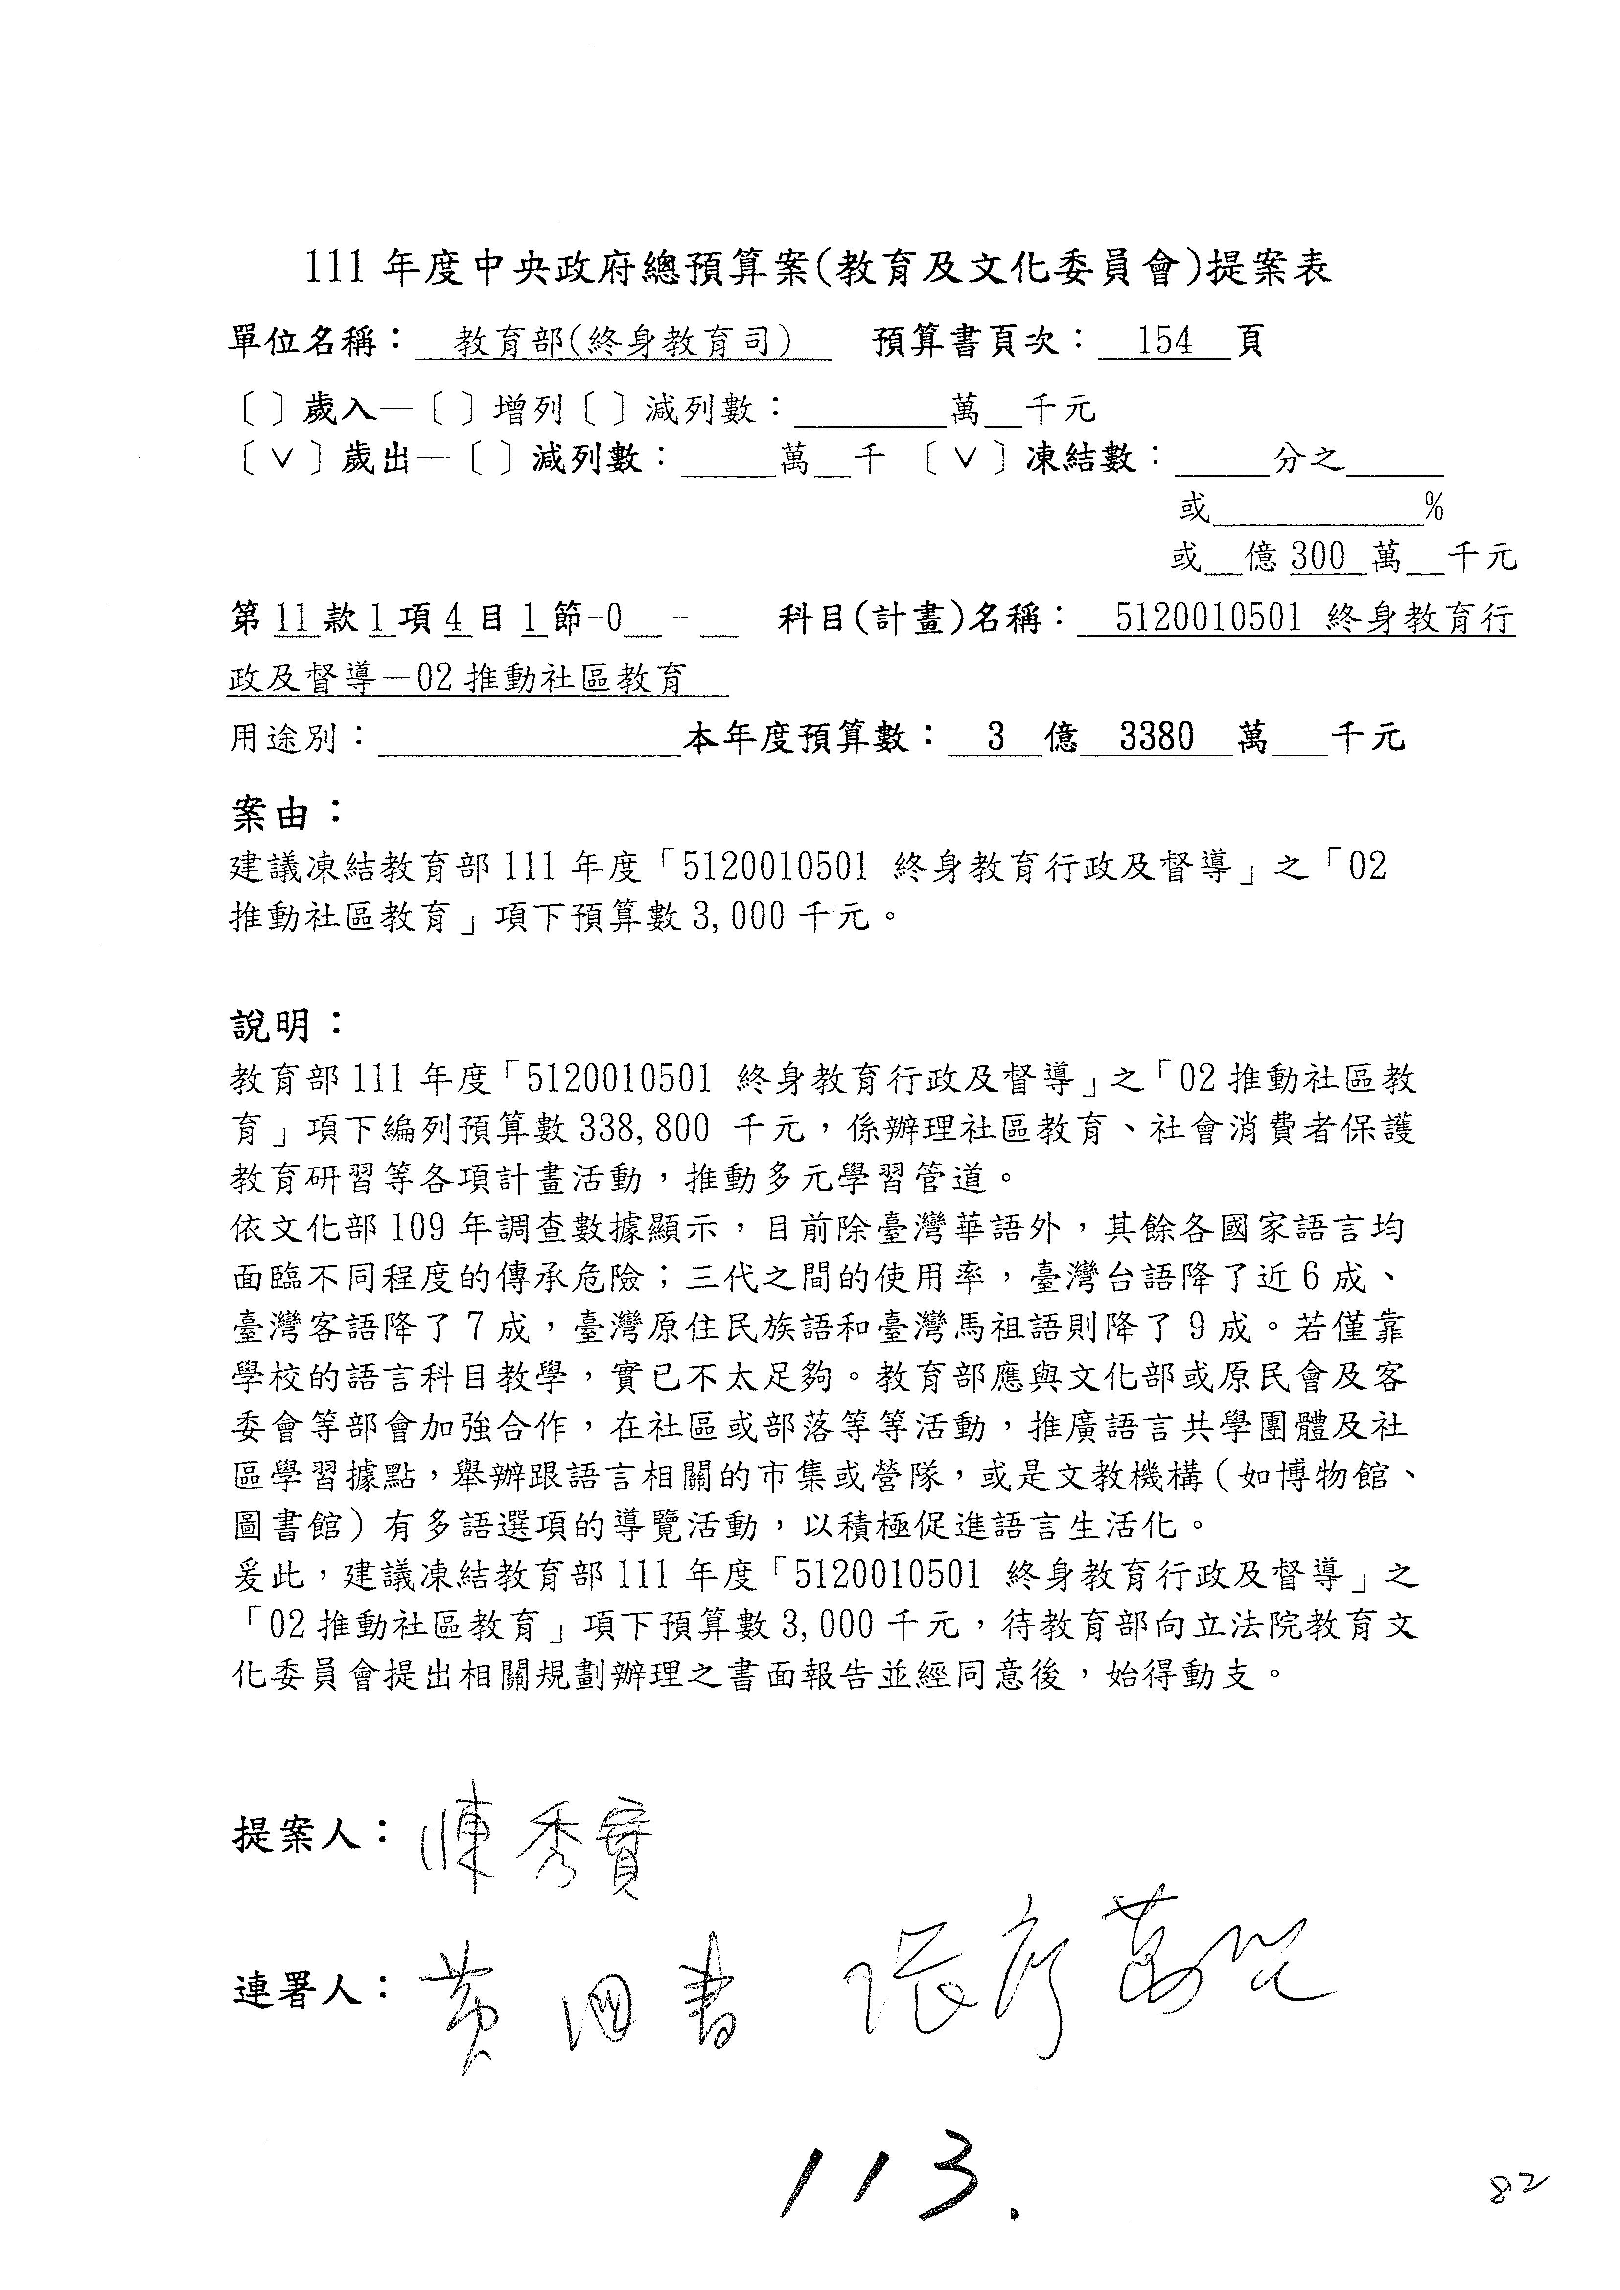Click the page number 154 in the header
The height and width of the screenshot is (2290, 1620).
coord(1164,342)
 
